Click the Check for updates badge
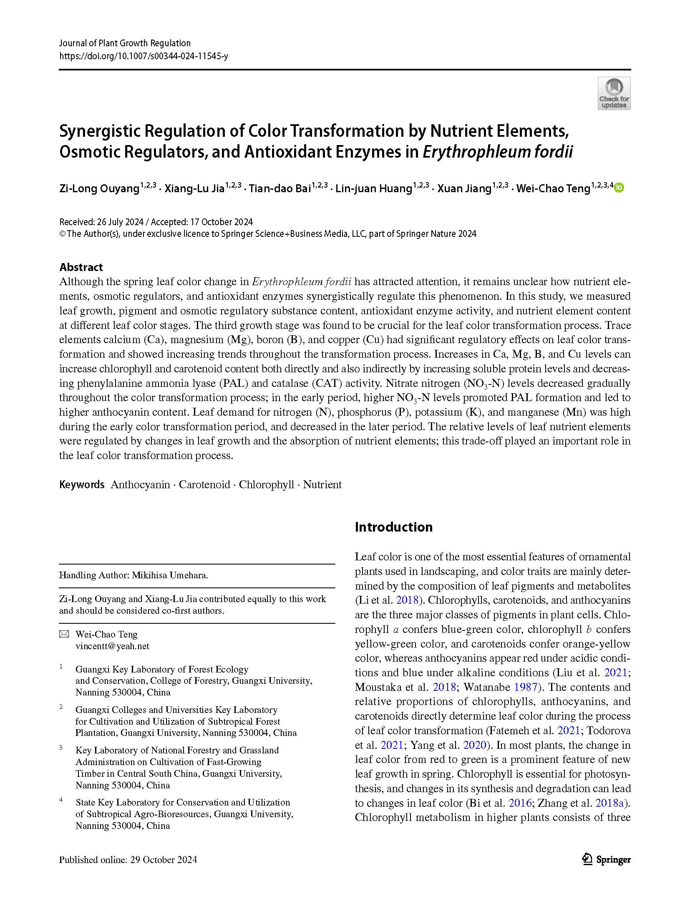point(614,93)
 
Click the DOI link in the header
point(144,56)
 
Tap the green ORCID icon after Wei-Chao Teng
point(619,188)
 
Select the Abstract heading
point(81,267)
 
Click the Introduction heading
point(393,527)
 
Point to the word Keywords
point(82,484)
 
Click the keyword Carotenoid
point(204,484)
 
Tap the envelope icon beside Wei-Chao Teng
point(64,634)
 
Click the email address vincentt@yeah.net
point(112,646)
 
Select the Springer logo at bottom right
point(606,859)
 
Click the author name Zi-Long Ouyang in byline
point(99,188)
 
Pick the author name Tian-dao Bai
point(280,188)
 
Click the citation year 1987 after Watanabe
point(526,687)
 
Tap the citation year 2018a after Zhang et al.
point(609,803)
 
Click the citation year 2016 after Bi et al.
point(520,803)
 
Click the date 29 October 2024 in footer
point(164,860)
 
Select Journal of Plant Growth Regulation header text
point(125,43)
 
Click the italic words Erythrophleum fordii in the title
point(498,152)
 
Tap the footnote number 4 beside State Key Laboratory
point(61,800)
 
